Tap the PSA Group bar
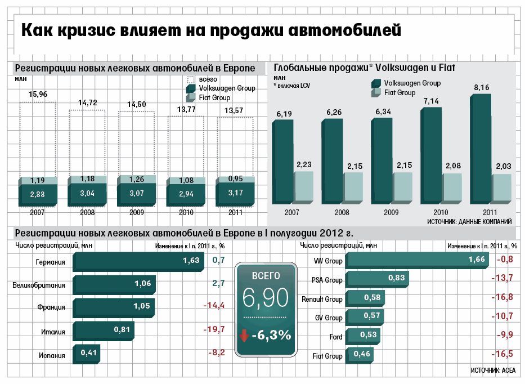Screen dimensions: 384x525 pos(376,278)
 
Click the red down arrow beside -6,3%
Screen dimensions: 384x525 pos(244,336)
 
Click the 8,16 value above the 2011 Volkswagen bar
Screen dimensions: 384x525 pos(482,87)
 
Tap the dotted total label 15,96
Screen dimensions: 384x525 pos(37,93)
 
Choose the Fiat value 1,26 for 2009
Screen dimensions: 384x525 pos(136,180)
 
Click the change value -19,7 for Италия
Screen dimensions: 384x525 pos(214,329)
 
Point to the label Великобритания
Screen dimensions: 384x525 pos(39,285)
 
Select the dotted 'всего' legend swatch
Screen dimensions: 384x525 pos(191,80)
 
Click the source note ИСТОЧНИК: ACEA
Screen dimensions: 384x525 pos(492,370)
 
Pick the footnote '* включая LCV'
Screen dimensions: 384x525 pos(292,86)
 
